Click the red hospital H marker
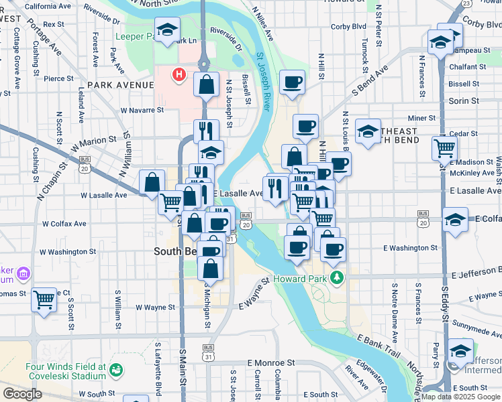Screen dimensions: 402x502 pyautogui.click(x=179, y=74)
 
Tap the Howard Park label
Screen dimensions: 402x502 pyautogui.click(x=300, y=277)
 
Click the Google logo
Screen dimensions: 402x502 pyautogui.click(x=22, y=394)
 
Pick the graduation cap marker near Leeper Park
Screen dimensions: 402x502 pyautogui.click(x=166, y=30)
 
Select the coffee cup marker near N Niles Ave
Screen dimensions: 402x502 pyautogui.click(x=292, y=82)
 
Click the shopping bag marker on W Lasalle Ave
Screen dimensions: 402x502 pyautogui.click(x=152, y=182)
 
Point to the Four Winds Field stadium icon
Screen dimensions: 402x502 pyautogui.click(x=116, y=369)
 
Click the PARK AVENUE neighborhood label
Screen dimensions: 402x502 pyautogui.click(x=121, y=86)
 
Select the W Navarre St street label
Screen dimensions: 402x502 pyautogui.click(x=142, y=111)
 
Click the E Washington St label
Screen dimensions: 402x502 pyautogui.click(x=411, y=248)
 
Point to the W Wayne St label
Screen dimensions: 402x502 pyautogui.click(x=155, y=308)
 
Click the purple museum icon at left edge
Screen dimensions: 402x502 pyautogui.click(x=24, y=273)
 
